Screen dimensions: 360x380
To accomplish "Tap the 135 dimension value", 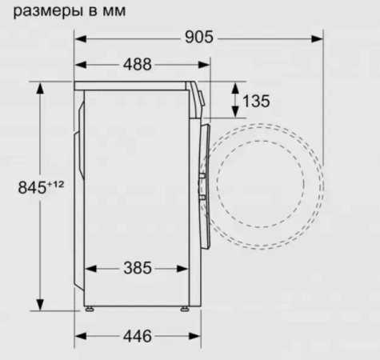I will coord(255,101).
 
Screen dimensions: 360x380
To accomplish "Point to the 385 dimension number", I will coord(137,268).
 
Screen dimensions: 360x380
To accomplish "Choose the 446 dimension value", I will coord(137,336).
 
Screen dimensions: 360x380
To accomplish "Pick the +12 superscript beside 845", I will coord(55,185).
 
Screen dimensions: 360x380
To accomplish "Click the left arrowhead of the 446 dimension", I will coord(81,336).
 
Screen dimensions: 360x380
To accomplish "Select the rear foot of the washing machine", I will coord(88,308).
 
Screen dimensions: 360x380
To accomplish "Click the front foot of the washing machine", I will coord(185,308).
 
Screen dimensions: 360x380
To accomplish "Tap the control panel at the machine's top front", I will coord(198,95).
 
